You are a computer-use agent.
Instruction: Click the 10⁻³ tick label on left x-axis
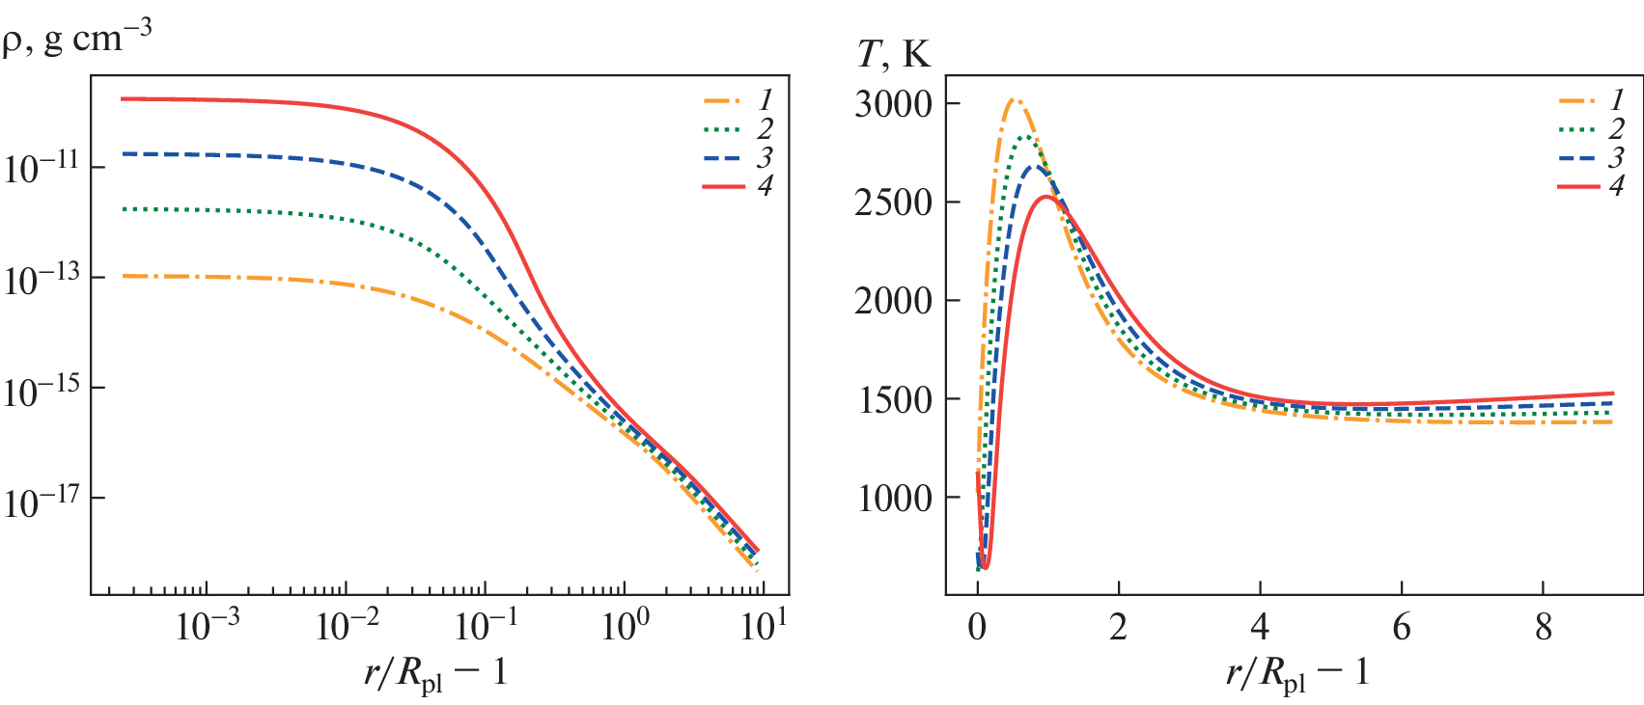click(x=207, y=626)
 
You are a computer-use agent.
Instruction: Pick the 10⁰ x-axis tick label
click(x=625, y=626)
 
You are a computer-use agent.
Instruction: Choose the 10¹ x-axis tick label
click(x=764, y=626)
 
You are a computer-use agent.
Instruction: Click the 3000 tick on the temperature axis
click(x=893, y=104)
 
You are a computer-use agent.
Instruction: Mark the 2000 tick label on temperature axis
click(x=893, y=301)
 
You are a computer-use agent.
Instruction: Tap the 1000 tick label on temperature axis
click(x=893, y=498)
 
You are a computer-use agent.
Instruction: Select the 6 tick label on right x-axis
click(x=1402, y=628)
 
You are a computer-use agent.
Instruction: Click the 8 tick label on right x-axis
click(x=1543, y=628)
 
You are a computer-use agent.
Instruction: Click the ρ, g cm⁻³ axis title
click(x=77, y=39)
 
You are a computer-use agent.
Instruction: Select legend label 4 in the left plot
click(x=765, y=185)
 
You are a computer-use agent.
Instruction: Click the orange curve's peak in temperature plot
click(x=1014, y=99)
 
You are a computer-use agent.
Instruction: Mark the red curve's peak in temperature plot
click(x=1046, y=197)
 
